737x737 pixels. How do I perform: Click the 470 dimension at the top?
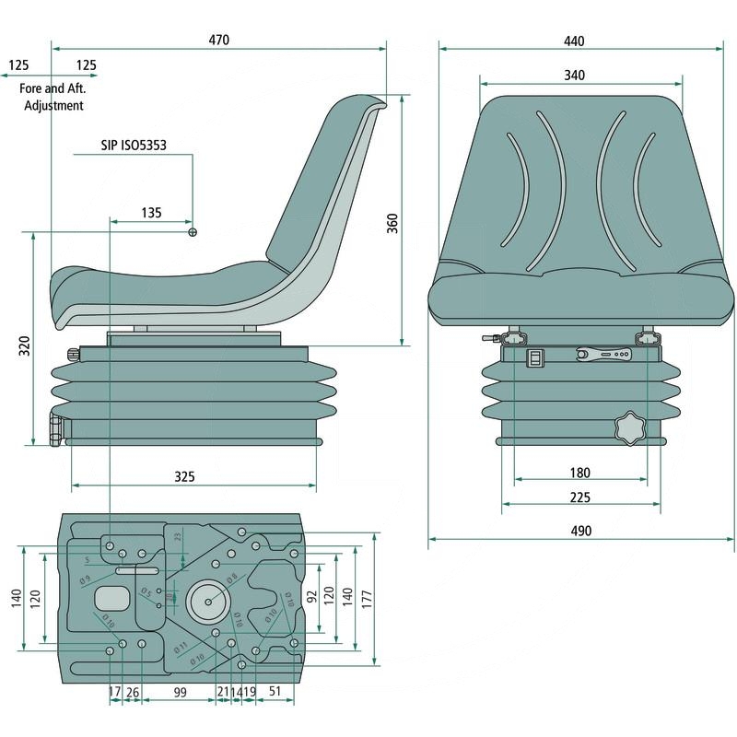click(x=218, y=40)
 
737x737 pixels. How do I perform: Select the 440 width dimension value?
click(x=573, y=41)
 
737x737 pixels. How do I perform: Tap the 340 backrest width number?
click(x=573, y=75)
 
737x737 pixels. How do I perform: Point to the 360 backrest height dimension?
click(x=392, y=222)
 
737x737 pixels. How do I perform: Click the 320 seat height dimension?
click(x=25, y=345)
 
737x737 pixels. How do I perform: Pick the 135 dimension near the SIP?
click(x=151, y=213)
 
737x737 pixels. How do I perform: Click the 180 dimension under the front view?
click(x=579, y=473)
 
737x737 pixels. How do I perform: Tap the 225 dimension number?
click(x=580, y=498)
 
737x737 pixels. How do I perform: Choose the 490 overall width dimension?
click(x=580, y=531)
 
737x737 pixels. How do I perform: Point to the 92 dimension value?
click(x=312, y=595)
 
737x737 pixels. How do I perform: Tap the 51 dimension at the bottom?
click(x=275, y=692)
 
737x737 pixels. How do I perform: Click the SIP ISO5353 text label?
click(x=133, y=146)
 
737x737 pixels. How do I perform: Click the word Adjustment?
click(x=53, y=105)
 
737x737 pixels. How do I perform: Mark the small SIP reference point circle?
click(x=193, y=231)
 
